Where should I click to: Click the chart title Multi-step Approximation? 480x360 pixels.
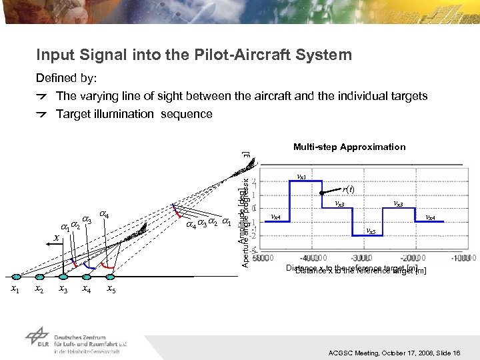click(x=349, y=147)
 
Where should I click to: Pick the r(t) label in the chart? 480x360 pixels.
click(x=348, y=189)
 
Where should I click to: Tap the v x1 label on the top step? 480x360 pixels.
click(x=301, y=177)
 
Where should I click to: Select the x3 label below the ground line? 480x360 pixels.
click(x=63, y=289)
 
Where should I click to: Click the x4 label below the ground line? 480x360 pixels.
click(x=86, y=289)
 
